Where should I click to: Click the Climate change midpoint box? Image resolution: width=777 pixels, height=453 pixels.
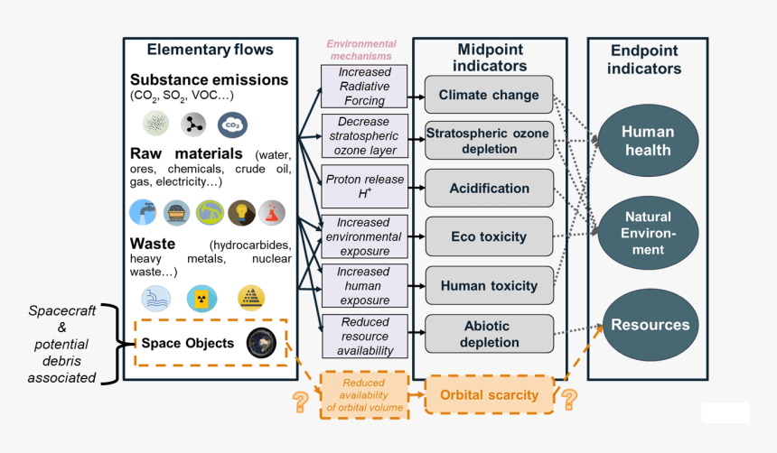click(x=489, y=95)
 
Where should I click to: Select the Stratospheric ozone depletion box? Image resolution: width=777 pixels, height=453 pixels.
click(x=489, y=141)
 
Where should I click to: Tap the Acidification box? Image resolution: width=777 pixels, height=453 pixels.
click(x=489, y=189)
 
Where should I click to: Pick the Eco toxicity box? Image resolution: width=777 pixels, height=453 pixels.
click(x=489, y=236)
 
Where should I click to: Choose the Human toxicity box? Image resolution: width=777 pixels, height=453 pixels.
click(x=489, y=285)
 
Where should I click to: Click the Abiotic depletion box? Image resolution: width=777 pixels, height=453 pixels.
click(x=489, y=334)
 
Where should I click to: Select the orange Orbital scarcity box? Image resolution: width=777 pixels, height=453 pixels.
click(x=489, y=394)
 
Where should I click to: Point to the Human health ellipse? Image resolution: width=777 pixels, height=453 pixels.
click(x=647, y=141)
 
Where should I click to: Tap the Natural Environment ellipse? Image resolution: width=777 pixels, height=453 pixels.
click(x=647, y=233)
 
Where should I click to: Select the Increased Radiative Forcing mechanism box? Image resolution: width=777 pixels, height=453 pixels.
click(x=364, y=87)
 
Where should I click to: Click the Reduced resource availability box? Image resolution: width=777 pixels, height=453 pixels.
click(x=364, y=336)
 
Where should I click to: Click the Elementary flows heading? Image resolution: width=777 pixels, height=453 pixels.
click(x=210, y=50)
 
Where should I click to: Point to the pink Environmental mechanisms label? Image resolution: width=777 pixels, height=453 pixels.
click(x=361, y=50)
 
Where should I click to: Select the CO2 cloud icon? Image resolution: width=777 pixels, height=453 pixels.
click(x=232, y=125)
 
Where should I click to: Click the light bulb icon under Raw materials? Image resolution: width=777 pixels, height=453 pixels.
click(x=241, y=212)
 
